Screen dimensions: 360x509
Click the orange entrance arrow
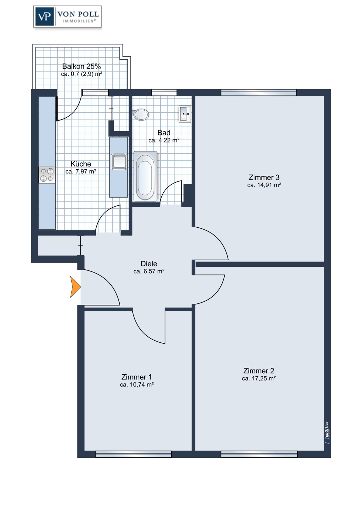pos(75,287)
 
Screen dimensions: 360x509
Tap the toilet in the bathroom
pos(141,114)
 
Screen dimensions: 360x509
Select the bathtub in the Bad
pos(145,176)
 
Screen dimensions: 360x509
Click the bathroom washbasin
pos(185,114)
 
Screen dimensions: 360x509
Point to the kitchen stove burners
pos(47,175)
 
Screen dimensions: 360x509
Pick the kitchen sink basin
pos(119,162)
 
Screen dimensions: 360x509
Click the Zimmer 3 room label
pos(264,177)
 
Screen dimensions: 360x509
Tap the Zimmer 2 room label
pos(258,371)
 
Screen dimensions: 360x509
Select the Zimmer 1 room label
pos(137,377)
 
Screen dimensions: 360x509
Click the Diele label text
pos(149,264)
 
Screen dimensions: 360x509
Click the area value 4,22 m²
pos(169,140)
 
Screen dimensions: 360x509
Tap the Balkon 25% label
pos(82,67)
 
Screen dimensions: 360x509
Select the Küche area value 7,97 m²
pos(85,172)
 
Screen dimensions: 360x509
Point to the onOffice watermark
pos(327,433)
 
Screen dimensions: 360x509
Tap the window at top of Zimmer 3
pos(259,93)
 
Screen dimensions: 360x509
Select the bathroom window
pos(164,93)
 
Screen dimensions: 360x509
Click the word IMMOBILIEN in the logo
pos(79,21)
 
